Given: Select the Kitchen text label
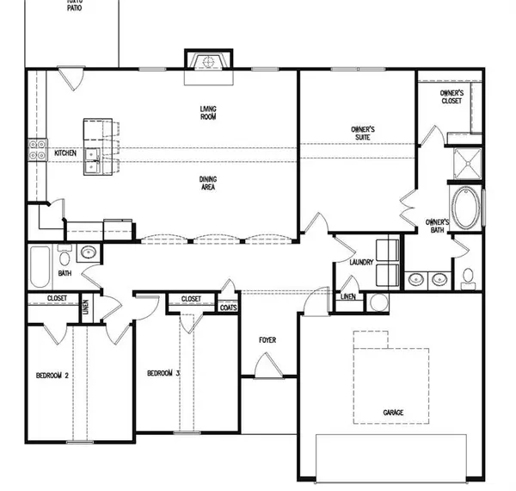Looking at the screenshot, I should (x=65, y=153).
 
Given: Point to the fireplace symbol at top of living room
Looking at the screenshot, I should (x=206, y=63).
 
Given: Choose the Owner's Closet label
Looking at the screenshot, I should (x=451, y=96).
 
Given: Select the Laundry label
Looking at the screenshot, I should (x=361, y=262).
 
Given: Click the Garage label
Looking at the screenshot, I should (x=393, y=413).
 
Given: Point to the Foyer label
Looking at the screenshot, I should (x=268, y=339).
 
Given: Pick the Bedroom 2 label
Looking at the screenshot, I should (x=52, y=376).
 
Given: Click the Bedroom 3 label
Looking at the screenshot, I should (x=163, y=373).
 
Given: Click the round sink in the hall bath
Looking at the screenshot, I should (x=87, y=255).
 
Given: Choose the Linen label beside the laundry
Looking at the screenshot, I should (x=347, y=297).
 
